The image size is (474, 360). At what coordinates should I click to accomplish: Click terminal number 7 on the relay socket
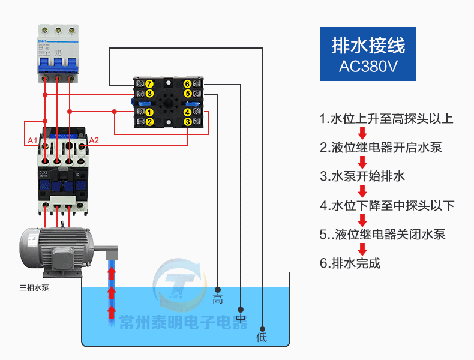pos(149,84)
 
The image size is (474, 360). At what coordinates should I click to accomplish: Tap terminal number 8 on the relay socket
pos(149,94)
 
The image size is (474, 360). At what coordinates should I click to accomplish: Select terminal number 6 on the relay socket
pos(187,84)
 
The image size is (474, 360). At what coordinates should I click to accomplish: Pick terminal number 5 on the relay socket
pos(187,94)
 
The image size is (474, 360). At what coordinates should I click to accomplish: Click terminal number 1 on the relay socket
pos(149,112)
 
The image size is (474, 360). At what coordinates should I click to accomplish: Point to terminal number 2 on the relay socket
pos(149,122)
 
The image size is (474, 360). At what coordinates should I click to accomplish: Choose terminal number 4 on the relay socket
pos(187,112)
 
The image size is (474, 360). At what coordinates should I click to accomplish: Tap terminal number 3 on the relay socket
pos(187,122)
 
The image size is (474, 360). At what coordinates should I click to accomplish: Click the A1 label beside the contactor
pos(33,141)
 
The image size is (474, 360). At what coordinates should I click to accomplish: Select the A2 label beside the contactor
pos(94,141)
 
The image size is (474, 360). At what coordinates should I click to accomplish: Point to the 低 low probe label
pos(262,337)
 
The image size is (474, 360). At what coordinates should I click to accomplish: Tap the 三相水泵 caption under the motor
pos(34,288)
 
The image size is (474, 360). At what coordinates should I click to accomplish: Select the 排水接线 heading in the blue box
pos(368,45)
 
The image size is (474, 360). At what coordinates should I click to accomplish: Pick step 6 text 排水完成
pos(350,263)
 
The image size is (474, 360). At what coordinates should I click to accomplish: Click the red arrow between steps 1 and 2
pos(362,133)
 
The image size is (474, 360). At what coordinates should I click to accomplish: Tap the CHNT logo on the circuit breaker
pos(44,31)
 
